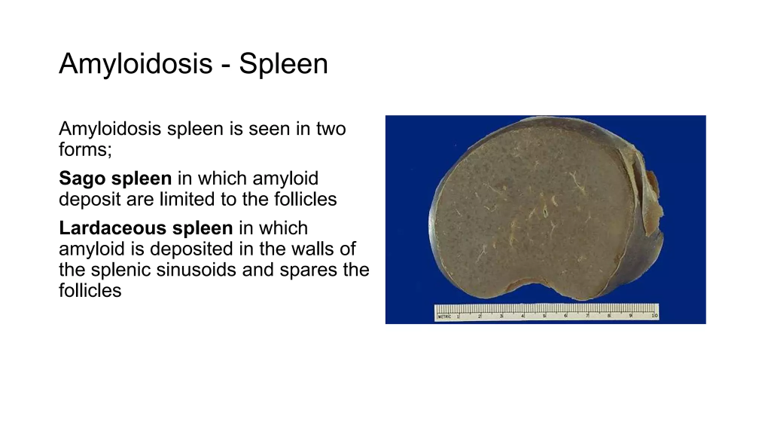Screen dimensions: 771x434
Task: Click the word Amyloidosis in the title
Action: (x=136, y=64)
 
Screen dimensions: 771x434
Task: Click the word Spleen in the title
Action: (x=284, y=64)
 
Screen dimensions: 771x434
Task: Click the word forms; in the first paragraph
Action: (x=86, y=149)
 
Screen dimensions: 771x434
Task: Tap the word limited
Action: (x=184, y=199)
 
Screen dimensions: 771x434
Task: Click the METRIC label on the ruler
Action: (x=444, y=316)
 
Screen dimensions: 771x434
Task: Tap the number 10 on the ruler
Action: (x=654, y=316)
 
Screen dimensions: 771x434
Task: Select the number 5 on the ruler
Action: (x=544, y=316)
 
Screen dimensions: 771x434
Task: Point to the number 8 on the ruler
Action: (x=609, y=316)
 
